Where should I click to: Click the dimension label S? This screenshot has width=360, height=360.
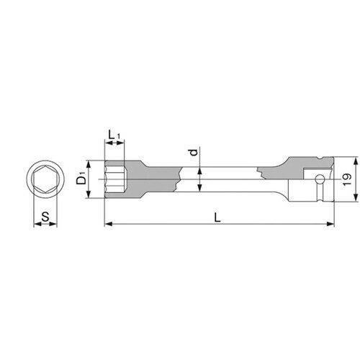tap(45, 217)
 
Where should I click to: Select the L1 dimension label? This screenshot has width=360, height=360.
tap(114, 135)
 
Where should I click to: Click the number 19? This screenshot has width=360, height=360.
tap(347, 179)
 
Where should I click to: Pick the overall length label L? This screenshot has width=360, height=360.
tap(217, 217)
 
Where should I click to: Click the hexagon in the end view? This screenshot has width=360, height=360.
tap(45, 179)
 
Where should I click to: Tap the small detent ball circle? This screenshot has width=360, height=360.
tap(320, 179)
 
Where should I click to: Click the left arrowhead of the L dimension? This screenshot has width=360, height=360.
tap(109, 224)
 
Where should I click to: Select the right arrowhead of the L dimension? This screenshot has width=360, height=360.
tap(330, 224)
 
